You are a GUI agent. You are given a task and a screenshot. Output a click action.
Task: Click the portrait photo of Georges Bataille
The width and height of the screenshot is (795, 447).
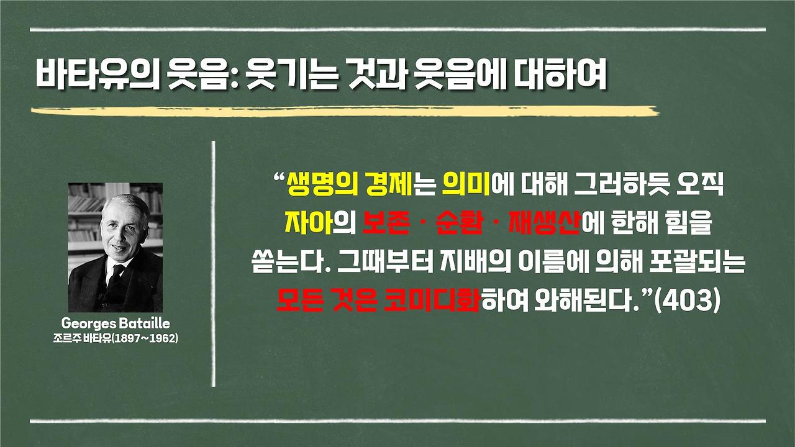point(115,247)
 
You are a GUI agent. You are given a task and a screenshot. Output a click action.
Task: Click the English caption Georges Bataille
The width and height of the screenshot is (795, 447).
point(116,324)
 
